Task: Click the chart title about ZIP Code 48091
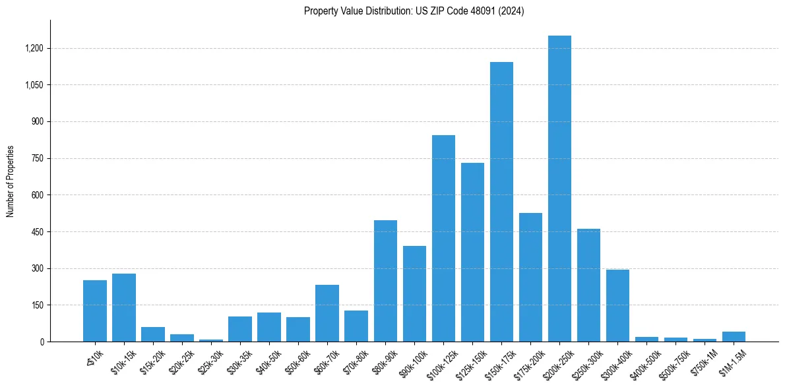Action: [414, 11]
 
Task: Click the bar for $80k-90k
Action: [385, 281]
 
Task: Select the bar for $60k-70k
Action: [327, 313]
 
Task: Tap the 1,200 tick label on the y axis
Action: [34, 49]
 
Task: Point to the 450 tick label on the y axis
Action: [37, 232]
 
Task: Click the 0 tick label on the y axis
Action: [42, 342]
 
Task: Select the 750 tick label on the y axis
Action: [37, 159]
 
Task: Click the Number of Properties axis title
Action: [11, 181]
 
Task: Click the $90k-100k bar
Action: [414, 294]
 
